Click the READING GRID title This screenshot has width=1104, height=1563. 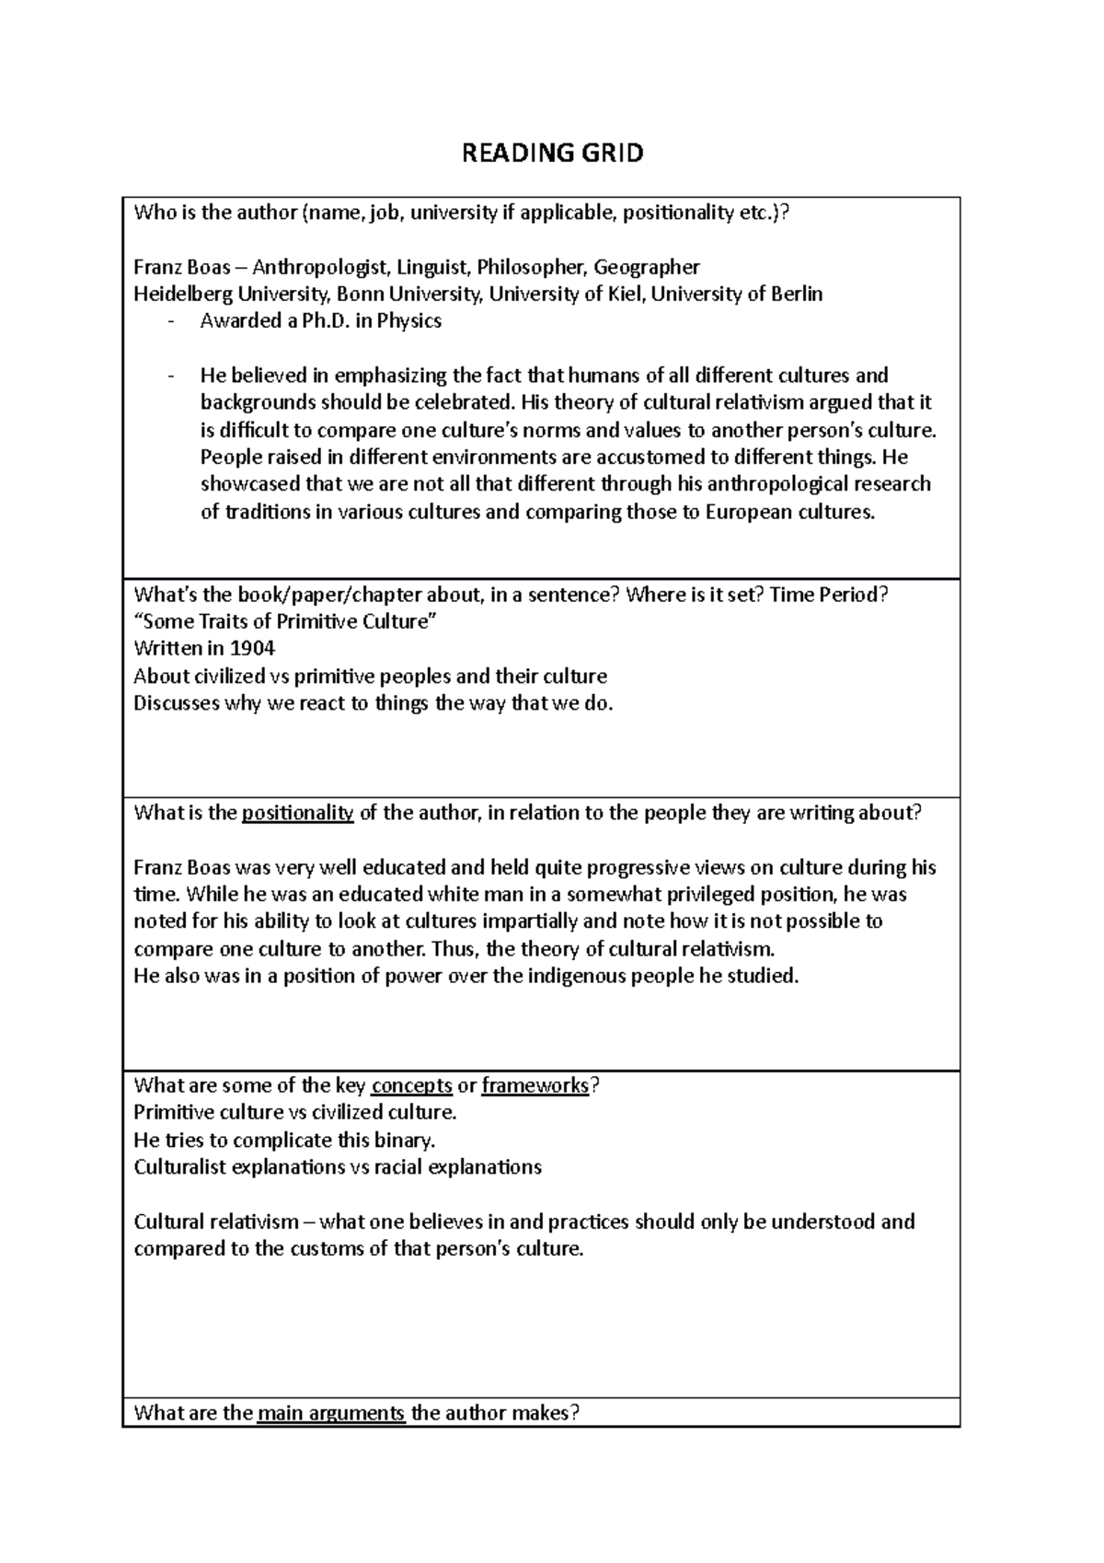click(552, 153)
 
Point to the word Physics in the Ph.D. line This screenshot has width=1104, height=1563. click(409, 321)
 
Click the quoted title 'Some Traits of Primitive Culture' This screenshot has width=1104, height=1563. click(284, 621)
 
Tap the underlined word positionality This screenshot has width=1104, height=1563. click(297, 813)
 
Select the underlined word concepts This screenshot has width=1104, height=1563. click(411, 1085)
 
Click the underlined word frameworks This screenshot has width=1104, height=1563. click(535, 1085)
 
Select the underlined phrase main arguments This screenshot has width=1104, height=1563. click(331, 1413)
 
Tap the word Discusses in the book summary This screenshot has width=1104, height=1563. click(177, 703)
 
